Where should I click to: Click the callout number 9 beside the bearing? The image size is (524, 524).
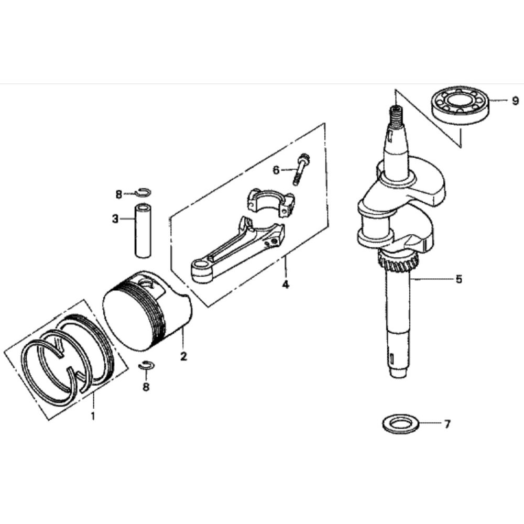tap(500, 101)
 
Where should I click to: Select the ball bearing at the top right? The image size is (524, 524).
tap(460, 104)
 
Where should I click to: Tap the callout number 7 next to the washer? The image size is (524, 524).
tap(446, 424)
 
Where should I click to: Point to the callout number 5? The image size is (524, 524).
tap(458, 279)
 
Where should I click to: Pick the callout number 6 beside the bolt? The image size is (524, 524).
tap(276, 169)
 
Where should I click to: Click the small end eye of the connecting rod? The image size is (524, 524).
tap(202, 268)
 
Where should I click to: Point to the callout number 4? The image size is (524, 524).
tap(286, 285)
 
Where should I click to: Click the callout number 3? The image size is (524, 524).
tap(115, 219)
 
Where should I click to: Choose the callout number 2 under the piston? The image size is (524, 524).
tap(183, 356)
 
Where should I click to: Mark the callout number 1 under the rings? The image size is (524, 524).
tap(93, 417)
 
